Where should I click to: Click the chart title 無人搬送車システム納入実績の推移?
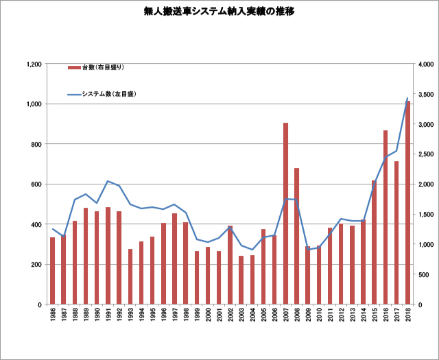point(219,12)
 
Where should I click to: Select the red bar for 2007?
point(285,213)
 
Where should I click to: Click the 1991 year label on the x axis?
point(108,317)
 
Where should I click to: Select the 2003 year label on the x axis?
point(241,317)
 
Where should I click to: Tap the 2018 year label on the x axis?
point(408,317)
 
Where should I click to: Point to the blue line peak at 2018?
point(407,98)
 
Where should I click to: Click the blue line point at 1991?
point(108,181)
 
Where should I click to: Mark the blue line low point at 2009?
point(307,250)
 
